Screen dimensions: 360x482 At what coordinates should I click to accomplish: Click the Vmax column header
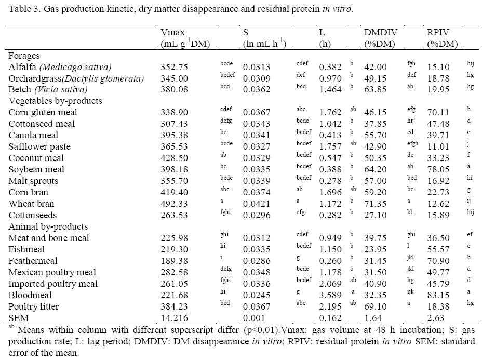[x=172, y=33]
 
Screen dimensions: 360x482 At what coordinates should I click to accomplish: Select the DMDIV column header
[x=381, y=33]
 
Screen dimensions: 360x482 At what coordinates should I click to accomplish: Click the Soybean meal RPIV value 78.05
[x=437, y=169]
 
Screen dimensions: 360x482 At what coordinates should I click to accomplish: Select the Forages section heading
[x=24, y=56]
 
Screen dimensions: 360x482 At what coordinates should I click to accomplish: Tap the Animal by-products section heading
[x=48, y=226]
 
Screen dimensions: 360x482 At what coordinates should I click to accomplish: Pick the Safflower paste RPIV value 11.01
[x=437, y=146]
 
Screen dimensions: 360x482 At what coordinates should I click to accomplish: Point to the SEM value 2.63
[x=435, y=318]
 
